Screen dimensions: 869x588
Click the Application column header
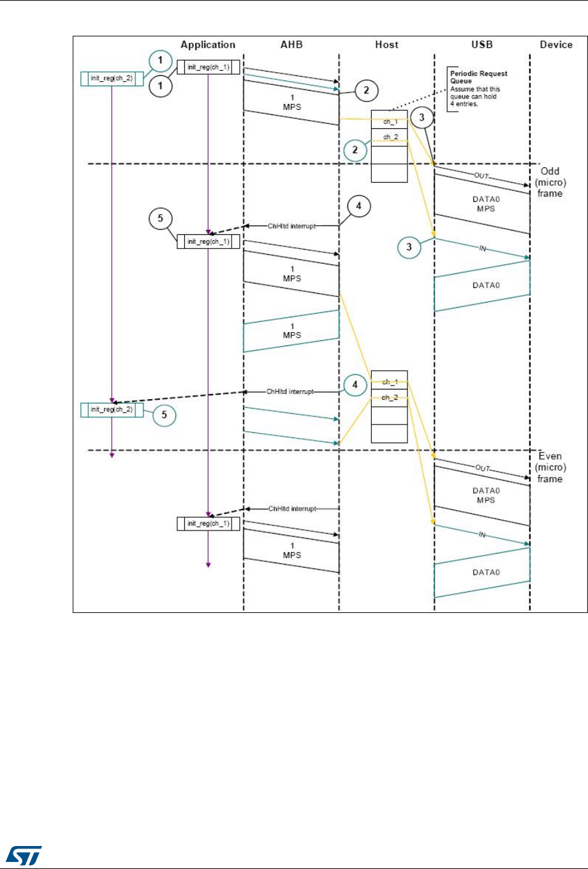(x=208, y=45)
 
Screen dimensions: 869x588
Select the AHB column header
(x=291, y=45)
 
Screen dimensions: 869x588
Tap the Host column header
(x=386, y=45)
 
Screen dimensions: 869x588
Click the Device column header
(x=556, y=45)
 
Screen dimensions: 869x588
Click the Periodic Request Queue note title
(x=478, y=77)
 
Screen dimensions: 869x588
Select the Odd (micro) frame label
(x=550, y=183)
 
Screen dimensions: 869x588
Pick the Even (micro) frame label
(x=550, y=467)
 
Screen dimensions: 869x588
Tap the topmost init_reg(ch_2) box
(x=112, y=79)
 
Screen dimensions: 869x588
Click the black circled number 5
(x=161, y=219)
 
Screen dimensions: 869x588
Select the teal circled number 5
(x=164, y=416)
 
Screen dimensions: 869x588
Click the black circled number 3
(x=422, y=117)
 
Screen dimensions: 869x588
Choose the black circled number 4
(x=360, y=207)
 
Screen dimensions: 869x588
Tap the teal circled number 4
(x=355, y=386)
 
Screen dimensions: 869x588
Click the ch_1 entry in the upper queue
(x=389, y=121)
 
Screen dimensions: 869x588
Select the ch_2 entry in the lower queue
(x=389, y=398)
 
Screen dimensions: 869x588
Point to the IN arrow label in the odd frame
(x=482, y=248)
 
